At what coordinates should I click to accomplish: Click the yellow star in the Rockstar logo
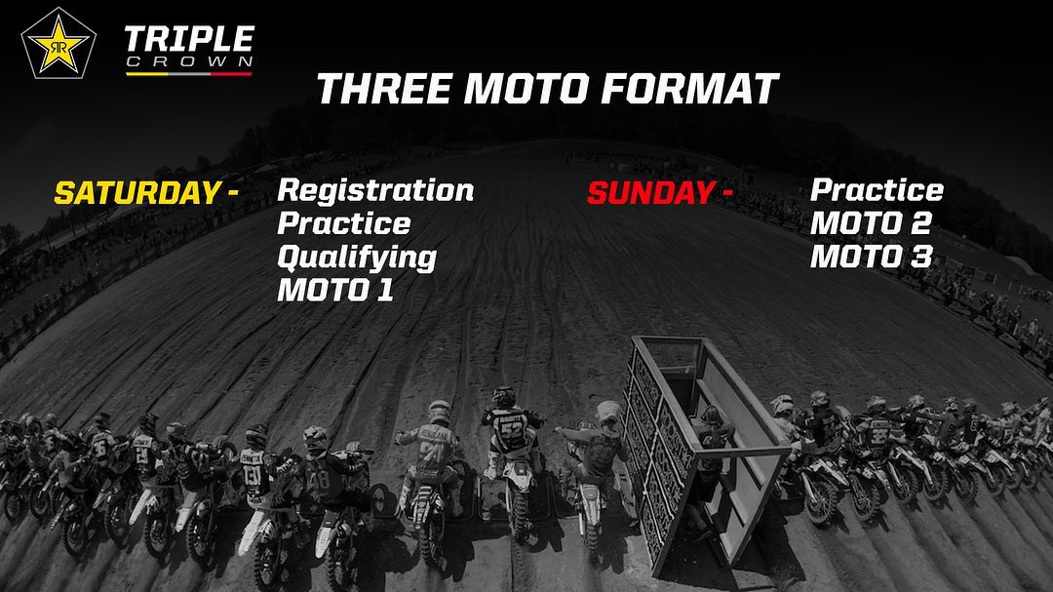58,45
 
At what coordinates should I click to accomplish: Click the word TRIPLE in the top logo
189,40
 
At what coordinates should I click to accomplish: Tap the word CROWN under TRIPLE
189,62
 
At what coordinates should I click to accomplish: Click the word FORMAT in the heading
689,89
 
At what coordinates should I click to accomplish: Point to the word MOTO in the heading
526,89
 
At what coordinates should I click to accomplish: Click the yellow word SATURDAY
137,193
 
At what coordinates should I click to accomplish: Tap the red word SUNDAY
650,193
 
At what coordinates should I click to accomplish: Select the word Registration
375,191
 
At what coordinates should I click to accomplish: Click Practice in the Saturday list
344,223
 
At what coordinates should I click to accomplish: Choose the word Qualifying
357,258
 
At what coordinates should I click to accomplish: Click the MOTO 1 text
335,291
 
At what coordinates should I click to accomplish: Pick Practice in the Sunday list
877,190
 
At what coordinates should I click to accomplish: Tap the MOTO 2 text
871,223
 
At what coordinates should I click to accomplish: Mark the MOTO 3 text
871,257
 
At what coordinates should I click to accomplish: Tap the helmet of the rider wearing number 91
440,412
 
